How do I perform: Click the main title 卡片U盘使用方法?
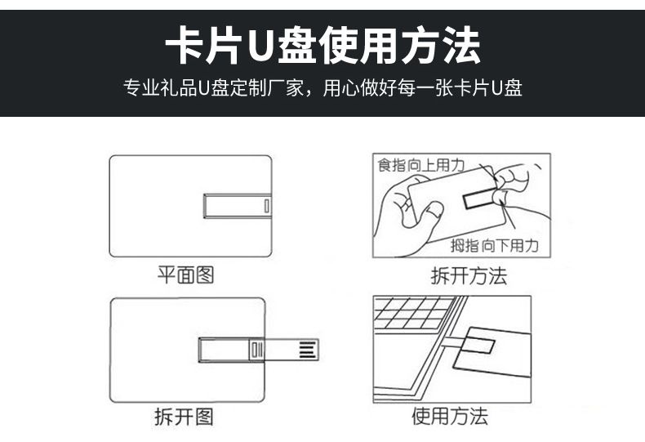coord(322,45)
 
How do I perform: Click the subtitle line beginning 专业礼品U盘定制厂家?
coord(322,87)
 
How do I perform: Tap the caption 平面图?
coord(185,275)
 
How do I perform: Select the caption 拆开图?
coord(184,417)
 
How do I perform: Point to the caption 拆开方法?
coord(469,275)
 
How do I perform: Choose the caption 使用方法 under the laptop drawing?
coord(450,416)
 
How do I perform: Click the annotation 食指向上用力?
coord(420,165)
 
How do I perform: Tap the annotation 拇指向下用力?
coord(495,246)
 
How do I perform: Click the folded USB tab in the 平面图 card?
coord(238,206)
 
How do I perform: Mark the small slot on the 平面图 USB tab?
coord(266,206)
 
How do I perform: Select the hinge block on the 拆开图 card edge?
coord(256,350)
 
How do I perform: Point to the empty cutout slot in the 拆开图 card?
coord(225,350)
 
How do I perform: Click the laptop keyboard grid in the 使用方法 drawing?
coord(411,313)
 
